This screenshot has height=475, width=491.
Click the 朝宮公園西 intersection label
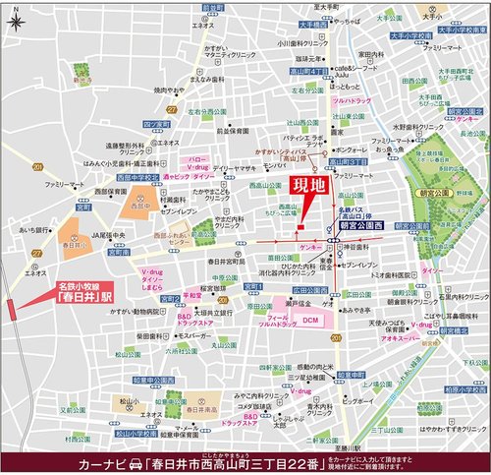point(363,225)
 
